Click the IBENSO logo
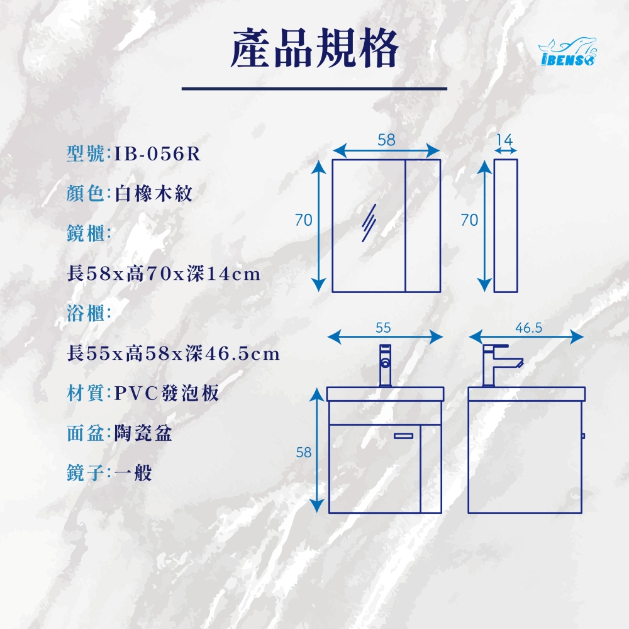pos(567,52)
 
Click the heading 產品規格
pos(314,48)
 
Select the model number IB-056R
pos(157,153)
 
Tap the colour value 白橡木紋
pos(153,193)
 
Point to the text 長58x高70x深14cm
pos(164,274)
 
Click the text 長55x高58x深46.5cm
pos(174,353)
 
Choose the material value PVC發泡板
pos(167,393)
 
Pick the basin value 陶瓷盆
pos(143,433)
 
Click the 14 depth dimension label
pos(504,140)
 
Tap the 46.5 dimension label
pos(529,328)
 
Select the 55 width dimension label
pos(383,328)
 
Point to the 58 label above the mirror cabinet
pos(386,140)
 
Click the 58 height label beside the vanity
pos(304,452)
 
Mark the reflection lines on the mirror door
pos(369,223)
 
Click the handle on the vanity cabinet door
pos(403,436)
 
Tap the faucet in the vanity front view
pos(385,365)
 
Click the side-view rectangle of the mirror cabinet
pos(506,226)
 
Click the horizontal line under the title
pos(314,89)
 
